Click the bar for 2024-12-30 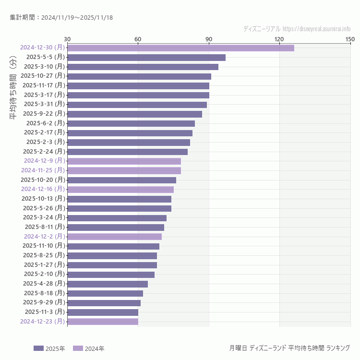click(x=180, y=48)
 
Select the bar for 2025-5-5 click(x=146, y=58)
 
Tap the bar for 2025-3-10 click(x=143, y=67)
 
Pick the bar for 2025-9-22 click(x=134, y=114)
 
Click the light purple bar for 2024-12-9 click(x=124, y=161)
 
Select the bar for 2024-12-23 click(x=103, y=321)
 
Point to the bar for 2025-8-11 click(x=116, y=227)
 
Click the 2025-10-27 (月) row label click(x=43, y=76)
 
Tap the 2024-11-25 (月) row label click(x=43, y=170)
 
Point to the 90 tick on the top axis click(x=209, y=39)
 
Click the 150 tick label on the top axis click(x=350, y=39)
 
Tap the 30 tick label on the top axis click(x=67, y=39)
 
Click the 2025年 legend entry click(x=49, y=348)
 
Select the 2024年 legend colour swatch click(x=78, y=348)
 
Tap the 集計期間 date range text click(x=61, y=18)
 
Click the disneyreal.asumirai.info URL click(x=316, y=29)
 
